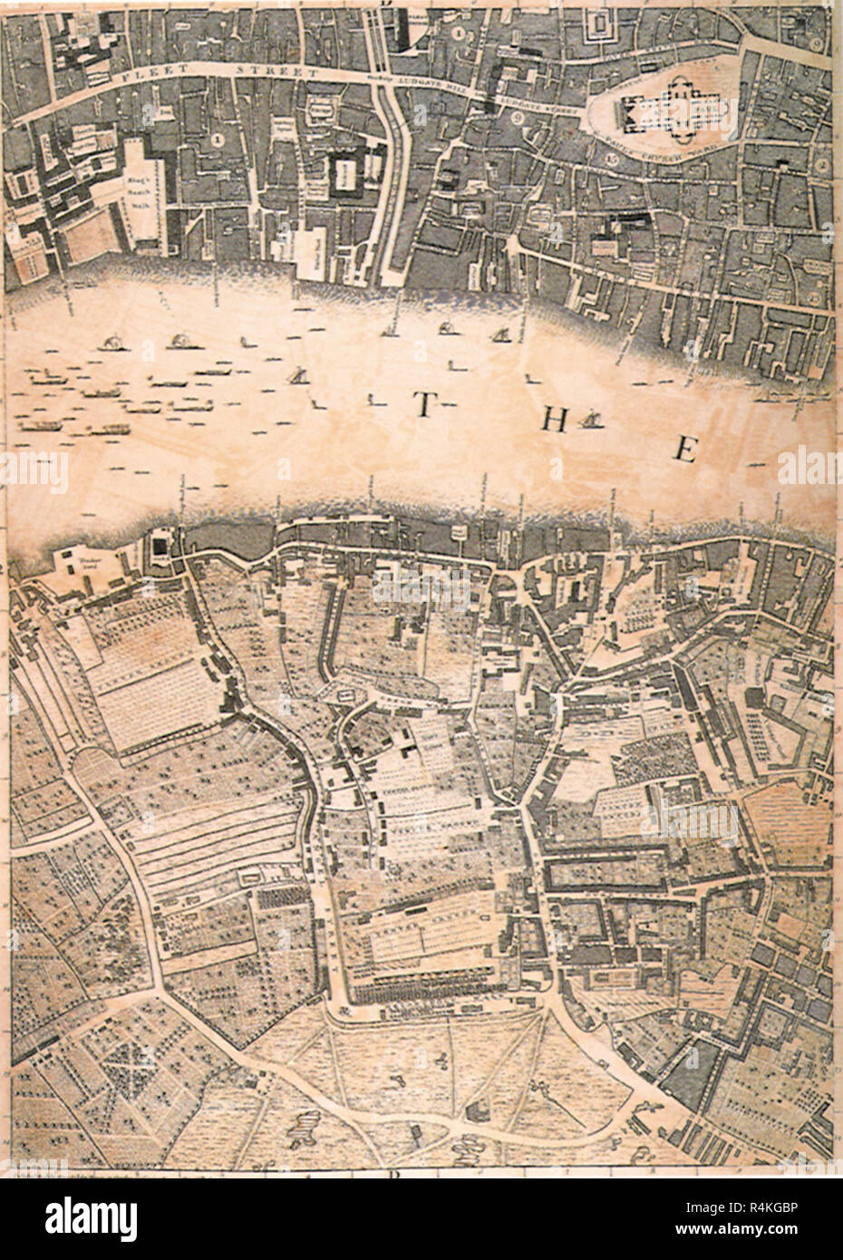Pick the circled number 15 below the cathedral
click(611, 160)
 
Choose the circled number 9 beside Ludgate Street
click(518, 118)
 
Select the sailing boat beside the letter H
click(591, 420)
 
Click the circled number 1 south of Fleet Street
click(216, 140)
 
